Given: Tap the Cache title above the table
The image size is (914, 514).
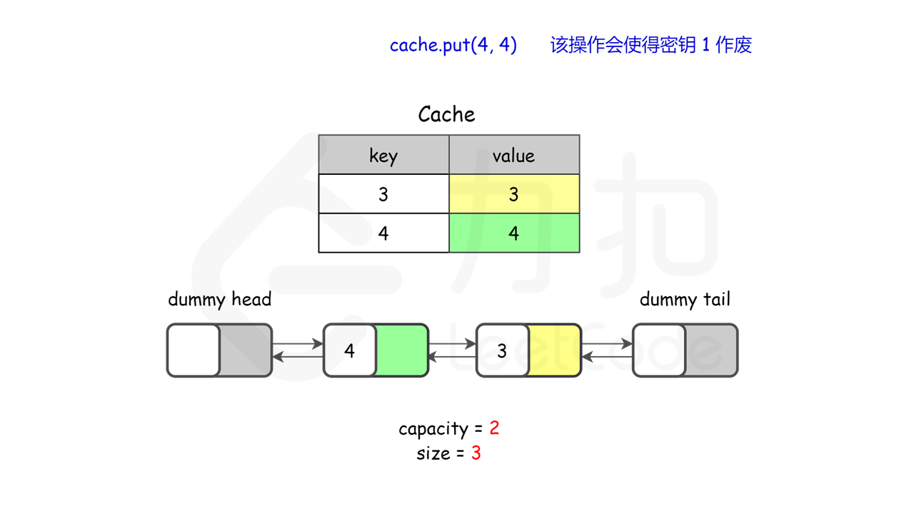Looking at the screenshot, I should pyautogui.click(x=446, y=114).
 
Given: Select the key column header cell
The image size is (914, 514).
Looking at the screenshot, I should pyautogui.click(x=383, y=155).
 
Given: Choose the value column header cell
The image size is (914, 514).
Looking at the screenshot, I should pyautogui.click(x=513, y=155).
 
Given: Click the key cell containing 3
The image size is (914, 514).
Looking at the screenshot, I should pyautogui.click(x=383, y=194).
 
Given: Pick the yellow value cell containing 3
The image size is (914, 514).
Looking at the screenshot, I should pyautogui.click(x=513, y=194).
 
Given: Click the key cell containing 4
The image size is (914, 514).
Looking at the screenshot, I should pyautogui.click(x=383, y=233).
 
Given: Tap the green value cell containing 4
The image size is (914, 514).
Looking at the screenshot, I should pyautogui.click(x=513, y=233).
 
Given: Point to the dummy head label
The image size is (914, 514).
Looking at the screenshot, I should pyautogui.click(x=219, y=299).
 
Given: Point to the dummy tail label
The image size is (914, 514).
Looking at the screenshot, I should pyautogui.click(x=685, y=299).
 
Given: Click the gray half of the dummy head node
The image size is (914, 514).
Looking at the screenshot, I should pyautogui.click(x=245, y=351).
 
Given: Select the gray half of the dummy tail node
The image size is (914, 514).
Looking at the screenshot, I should pyautogui.click(x=710, y=351).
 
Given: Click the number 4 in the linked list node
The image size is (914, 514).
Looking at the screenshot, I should pyautogui.click(x=349, y=351).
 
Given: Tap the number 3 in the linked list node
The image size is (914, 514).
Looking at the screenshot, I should pyautogui.click(x=502, y=351).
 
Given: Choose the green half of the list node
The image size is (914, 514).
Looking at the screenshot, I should pyautogui.click(x=401, y=351).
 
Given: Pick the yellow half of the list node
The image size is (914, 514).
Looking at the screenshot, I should pyautogui.click(x=554, y=351).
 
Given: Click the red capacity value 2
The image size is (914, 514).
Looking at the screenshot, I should pyautogui.click(x=494, y=428).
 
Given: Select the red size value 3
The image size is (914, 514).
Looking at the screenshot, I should pyautogui.click(x=476, y=453).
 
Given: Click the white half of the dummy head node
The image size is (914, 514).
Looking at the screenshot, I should pyautogui.click(x=194, y=351).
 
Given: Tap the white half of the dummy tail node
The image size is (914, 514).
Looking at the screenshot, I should pyautogui.click(x=659, y=351).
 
